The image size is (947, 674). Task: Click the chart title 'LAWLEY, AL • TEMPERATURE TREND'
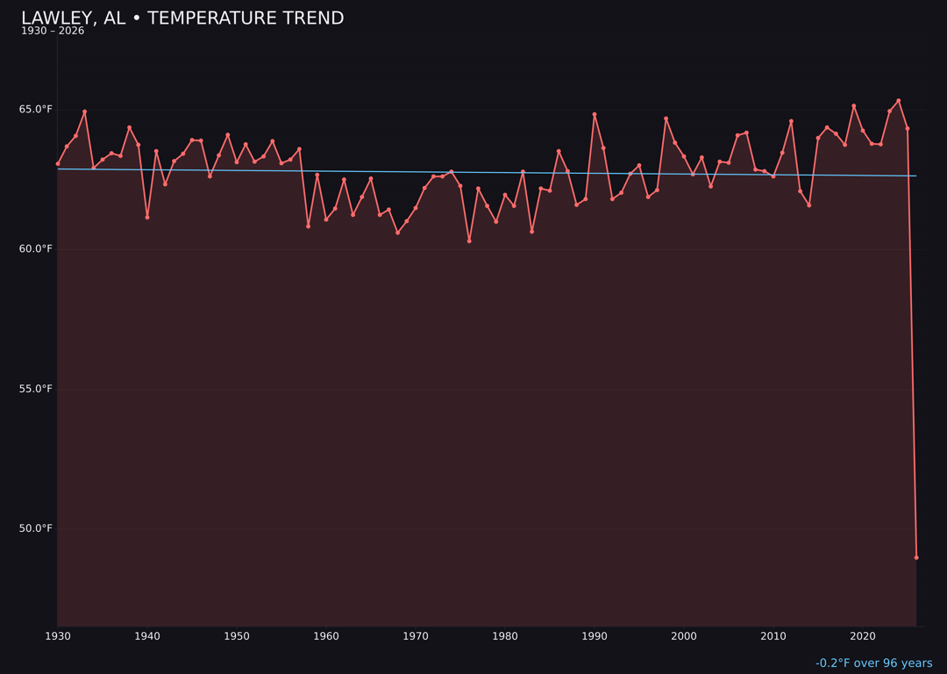click(x=182, y=18)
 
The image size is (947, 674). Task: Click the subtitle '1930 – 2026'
click(x=53, y=32)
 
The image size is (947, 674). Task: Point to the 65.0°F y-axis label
click(x=36, y=110)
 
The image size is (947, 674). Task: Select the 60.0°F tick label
click(x=36, y=249)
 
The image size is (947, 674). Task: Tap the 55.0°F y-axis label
click(x=36, y=389)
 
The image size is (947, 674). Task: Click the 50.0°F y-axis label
click(x=36, y=528)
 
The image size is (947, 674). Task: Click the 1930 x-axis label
click(x=58, y=636)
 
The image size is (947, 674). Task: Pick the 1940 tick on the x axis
click(x=147, y=636)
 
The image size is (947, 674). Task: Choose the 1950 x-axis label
click(x=237, y=636)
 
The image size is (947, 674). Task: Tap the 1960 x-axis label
click(x=326, y=636)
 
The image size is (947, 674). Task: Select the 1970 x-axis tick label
click(x=416, y=636)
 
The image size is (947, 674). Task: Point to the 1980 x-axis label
click(x=505, y=636)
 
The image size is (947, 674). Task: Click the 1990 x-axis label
click(x=595, y=636)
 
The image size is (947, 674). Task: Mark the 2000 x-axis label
click(x=684, y=636)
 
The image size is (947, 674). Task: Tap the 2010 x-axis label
click(x=773, y=636)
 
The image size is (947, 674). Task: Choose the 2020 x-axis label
click(x=863, y=636)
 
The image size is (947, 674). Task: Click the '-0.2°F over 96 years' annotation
click(x=873, y=663)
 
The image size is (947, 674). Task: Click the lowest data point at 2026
click(x=916, y=557)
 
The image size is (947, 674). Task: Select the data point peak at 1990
click(x=595, y=114)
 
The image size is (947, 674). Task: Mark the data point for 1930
click(x=58, y=164)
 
